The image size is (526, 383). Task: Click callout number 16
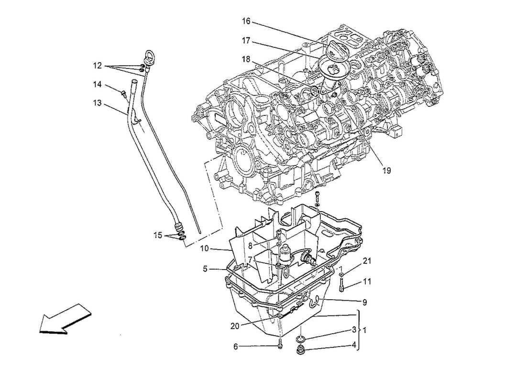point(246,22)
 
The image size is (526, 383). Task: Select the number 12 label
point(98,65)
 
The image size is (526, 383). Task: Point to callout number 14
point(98,84)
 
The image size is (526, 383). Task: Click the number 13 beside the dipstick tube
point(98,102)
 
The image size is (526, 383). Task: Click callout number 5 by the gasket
point(205,270)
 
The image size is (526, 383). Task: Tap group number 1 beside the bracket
point(365,330)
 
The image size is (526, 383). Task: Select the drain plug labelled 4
point(301,353)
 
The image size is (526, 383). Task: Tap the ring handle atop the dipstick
point(150,56)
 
